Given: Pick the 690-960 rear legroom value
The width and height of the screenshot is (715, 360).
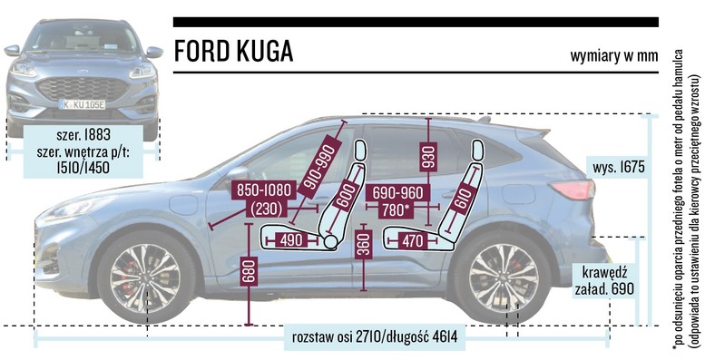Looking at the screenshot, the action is pos(396,192).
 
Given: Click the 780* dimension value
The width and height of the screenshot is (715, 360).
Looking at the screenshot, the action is pos(397,209).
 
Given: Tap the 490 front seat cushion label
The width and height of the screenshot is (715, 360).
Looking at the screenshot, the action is pos(291,239).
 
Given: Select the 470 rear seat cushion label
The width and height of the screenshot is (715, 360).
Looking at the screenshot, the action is pos(412,239).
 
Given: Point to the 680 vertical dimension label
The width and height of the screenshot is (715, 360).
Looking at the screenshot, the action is pos(249,273).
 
